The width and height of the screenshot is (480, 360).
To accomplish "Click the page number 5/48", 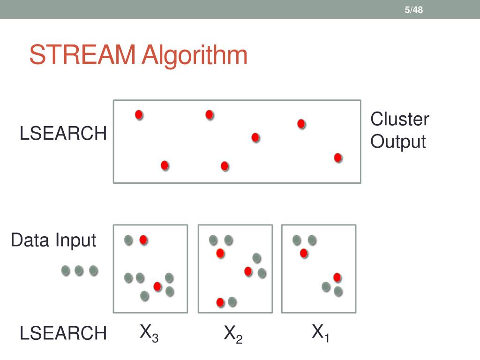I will [x=414, y=9].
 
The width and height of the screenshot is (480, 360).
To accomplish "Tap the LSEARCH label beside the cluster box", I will [x=63, y=134].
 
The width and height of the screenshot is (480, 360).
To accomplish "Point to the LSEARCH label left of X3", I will [x=63, y=334].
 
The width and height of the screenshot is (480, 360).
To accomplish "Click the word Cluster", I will [x=399, y=119].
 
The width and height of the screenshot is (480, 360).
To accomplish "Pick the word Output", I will [x=398, y=142].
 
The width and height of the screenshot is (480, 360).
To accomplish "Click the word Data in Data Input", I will [x=30, y=240].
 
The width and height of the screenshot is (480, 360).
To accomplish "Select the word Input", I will [x=75, y=240].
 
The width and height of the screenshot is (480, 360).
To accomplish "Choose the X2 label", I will [x=233, y=334].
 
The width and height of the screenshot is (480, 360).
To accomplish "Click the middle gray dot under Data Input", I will [x=79, y=270].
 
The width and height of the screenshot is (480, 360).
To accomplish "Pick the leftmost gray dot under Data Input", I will [x=66, y=270].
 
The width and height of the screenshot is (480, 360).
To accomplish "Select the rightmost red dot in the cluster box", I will [x=337, y=157].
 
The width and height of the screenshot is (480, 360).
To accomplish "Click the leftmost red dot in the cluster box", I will [x=139, y=114].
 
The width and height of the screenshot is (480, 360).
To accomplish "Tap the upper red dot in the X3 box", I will [x=143, y=240].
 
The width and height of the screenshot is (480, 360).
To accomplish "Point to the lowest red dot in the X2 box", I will [x=220, y=302].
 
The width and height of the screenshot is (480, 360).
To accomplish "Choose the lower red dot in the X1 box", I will [x=337, y=277].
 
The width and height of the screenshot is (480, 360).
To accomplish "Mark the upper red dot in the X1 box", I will [x=304, y=253].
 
